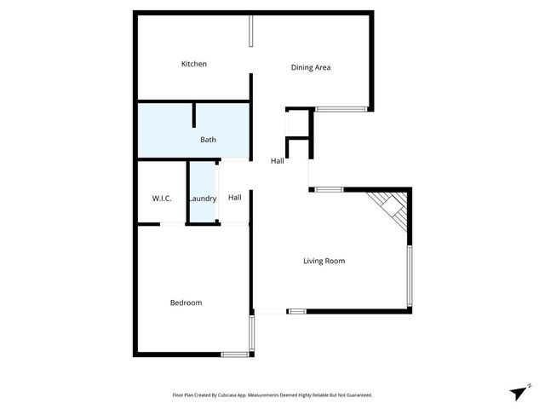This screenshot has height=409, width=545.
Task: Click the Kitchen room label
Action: [x=194, y=64]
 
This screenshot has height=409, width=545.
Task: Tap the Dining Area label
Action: [x=311, y=67]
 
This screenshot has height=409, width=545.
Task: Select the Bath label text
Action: [x=209, y=140]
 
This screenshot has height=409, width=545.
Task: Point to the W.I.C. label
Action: [x=163, y=199]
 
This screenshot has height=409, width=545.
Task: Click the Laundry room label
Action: [x=203, y=199]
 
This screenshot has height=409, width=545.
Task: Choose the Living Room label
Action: [x=324, y=261]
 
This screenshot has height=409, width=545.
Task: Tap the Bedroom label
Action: [x=186, y=302]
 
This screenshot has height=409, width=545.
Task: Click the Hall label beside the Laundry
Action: [x=235, y=198]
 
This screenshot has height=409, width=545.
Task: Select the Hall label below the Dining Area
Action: [x=278, y=161]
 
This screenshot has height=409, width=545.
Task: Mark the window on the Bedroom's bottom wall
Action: [x=233, y=354]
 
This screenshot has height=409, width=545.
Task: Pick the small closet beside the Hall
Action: [x=297, y=124]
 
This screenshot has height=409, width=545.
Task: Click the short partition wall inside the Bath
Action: [x=195, y=115]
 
